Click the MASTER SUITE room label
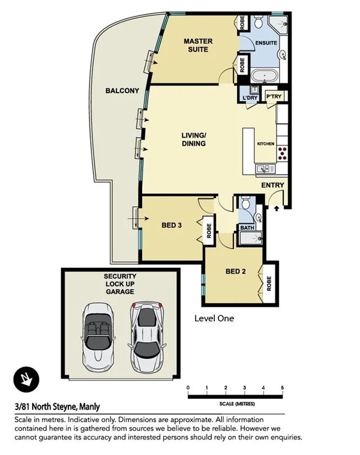tap(198, 45)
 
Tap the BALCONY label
tap(122, 91)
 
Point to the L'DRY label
tap(250, 98)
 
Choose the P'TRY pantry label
tap(272, 98)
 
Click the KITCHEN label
tap(266, 144)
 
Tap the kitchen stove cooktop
tap(283, 151)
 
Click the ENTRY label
tap(272, 185)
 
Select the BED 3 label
tap(171, 225)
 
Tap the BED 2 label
tap(235, 271)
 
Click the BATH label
tap(247, 228)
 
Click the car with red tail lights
tap(146, 334)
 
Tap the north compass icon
tap(25, 378)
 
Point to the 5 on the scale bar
tap(282, 388)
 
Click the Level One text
tap(214, 319)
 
